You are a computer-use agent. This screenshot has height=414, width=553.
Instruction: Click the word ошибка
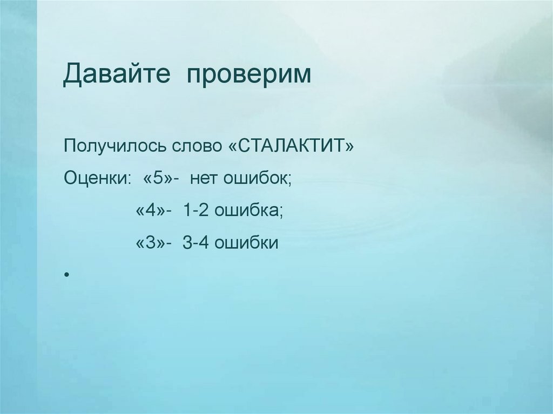tap(246, 211)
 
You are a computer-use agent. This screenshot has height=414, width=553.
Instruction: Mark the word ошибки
tap(246, 243)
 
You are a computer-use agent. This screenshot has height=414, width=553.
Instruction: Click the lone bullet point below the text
tap(66, 276)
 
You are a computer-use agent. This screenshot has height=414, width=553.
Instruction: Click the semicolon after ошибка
tap(280, 213)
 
